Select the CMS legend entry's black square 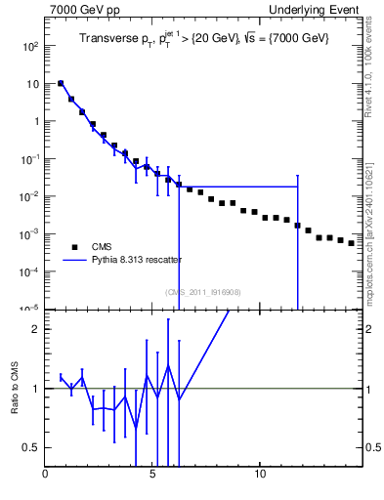click(x=72, y=247)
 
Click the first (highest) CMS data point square click(x=61, y=84)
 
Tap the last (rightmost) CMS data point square click(x=352, y=242)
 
